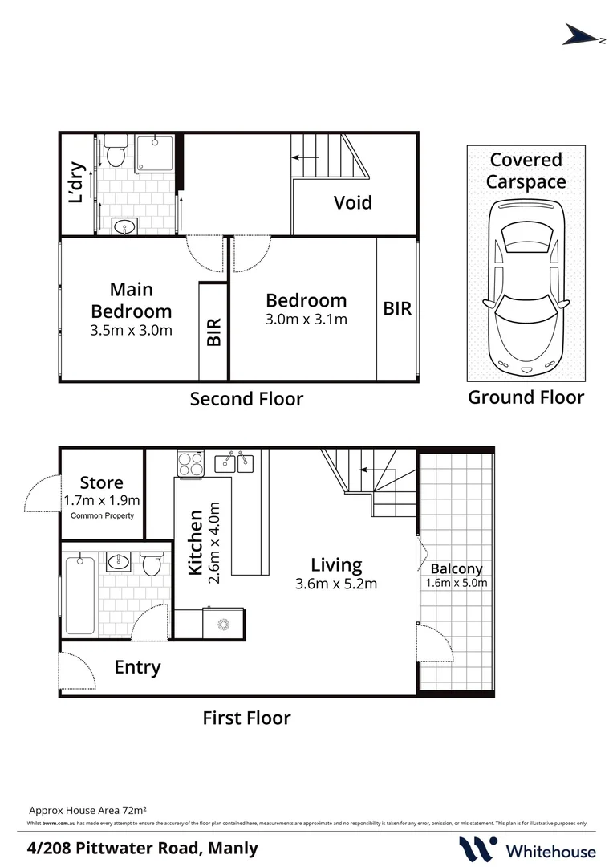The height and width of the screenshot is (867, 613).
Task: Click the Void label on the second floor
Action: (353, 202)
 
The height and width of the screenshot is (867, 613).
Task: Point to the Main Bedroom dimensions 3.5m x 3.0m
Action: (132, 329)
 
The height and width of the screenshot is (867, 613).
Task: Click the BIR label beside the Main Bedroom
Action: (214, 332)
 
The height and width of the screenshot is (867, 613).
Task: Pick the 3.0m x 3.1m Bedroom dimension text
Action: (306, 320)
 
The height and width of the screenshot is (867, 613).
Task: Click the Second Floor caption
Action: (246, 398)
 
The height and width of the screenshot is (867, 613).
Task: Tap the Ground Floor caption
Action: (526, 397)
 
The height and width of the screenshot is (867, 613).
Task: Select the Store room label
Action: (102, 482)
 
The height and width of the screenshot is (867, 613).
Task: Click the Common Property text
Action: (102, 515)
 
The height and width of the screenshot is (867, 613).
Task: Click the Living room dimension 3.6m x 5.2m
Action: (336, 584)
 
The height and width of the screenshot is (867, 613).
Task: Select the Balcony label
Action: (457, 569)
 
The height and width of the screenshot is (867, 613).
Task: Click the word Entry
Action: (137, 667)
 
